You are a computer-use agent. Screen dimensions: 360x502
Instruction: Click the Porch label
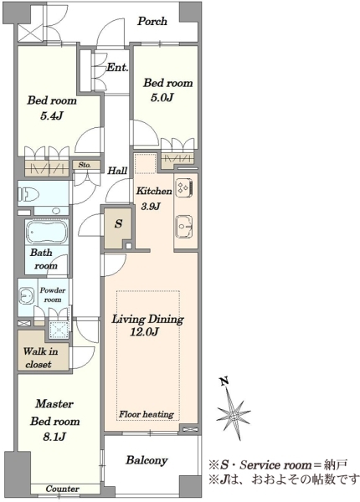point(152,21)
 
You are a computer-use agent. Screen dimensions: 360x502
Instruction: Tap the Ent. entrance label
point(117,67)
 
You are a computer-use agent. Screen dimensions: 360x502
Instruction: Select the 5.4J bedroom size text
point(51,116)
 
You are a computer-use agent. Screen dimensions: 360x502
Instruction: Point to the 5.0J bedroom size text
point(162,97)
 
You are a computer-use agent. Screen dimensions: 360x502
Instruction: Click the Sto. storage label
point(85,165)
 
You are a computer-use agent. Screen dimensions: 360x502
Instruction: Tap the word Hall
point(117,171)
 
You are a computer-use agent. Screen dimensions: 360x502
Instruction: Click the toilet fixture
point(28,194)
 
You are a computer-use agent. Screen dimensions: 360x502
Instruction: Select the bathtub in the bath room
point(47,232)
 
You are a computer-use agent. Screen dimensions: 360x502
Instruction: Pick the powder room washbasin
point(26,296)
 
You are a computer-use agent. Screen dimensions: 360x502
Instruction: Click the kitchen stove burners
point(184,187)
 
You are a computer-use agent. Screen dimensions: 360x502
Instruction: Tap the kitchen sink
point(184,227)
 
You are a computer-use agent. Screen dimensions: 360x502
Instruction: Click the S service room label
point(118,223)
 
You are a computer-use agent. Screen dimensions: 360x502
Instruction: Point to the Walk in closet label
point(40,358)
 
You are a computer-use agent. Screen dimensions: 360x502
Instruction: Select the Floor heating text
point(147,414)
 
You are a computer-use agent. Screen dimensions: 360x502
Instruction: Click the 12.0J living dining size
point(144,332)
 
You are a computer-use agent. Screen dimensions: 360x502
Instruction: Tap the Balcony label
point(147,460)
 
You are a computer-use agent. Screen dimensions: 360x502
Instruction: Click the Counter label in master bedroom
point(63,489)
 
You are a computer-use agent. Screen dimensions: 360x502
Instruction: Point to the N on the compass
point(225,381)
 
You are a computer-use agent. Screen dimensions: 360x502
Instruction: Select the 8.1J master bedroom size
point(54,437)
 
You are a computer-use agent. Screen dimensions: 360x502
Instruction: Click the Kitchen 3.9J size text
point(151,206)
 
